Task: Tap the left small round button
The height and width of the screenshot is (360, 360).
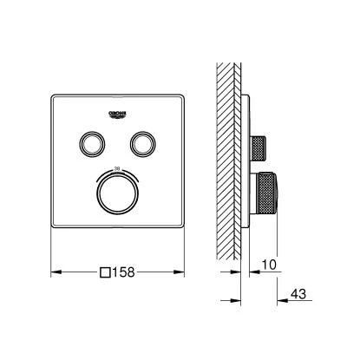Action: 89,141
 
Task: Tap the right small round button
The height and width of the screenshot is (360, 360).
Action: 141,141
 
